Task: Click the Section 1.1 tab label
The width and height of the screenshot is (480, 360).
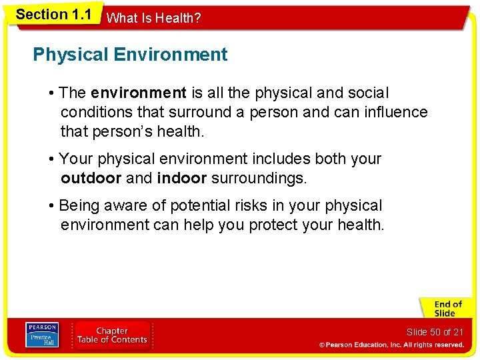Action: coord(53,14)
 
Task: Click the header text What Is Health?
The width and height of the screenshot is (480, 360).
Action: coord(153,19)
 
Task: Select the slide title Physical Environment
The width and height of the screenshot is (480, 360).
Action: coord(130,55)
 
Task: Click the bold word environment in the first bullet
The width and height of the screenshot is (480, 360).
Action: coord(138,93)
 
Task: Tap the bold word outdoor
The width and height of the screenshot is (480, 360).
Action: coord(91,179)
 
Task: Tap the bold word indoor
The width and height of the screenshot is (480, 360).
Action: coord(182,179)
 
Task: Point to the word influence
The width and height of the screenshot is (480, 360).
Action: coord(396,112)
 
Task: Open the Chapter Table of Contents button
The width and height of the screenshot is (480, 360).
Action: coord(112,335)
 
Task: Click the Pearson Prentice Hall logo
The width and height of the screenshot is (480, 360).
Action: coord(41,335)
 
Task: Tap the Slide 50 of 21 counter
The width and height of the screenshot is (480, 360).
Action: coord(435,332)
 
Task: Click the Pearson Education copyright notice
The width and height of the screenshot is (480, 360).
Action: coord(391,345)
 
